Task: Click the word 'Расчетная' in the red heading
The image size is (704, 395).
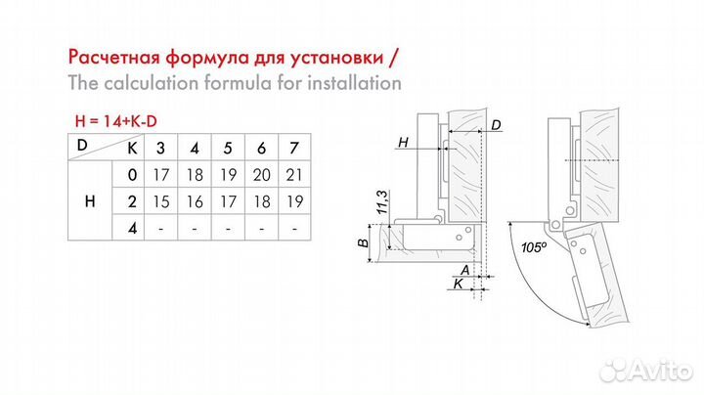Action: [114, 54]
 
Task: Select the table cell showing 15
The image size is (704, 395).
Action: [161, 201]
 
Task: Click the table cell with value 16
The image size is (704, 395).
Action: [195, 201]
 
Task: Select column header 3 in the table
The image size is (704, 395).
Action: [161, 149]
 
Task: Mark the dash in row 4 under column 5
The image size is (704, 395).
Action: [228, 228]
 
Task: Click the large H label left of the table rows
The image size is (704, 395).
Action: [90, 201]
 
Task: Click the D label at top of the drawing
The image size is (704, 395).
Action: [497, 125]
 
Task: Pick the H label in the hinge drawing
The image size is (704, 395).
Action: [403, 143]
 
